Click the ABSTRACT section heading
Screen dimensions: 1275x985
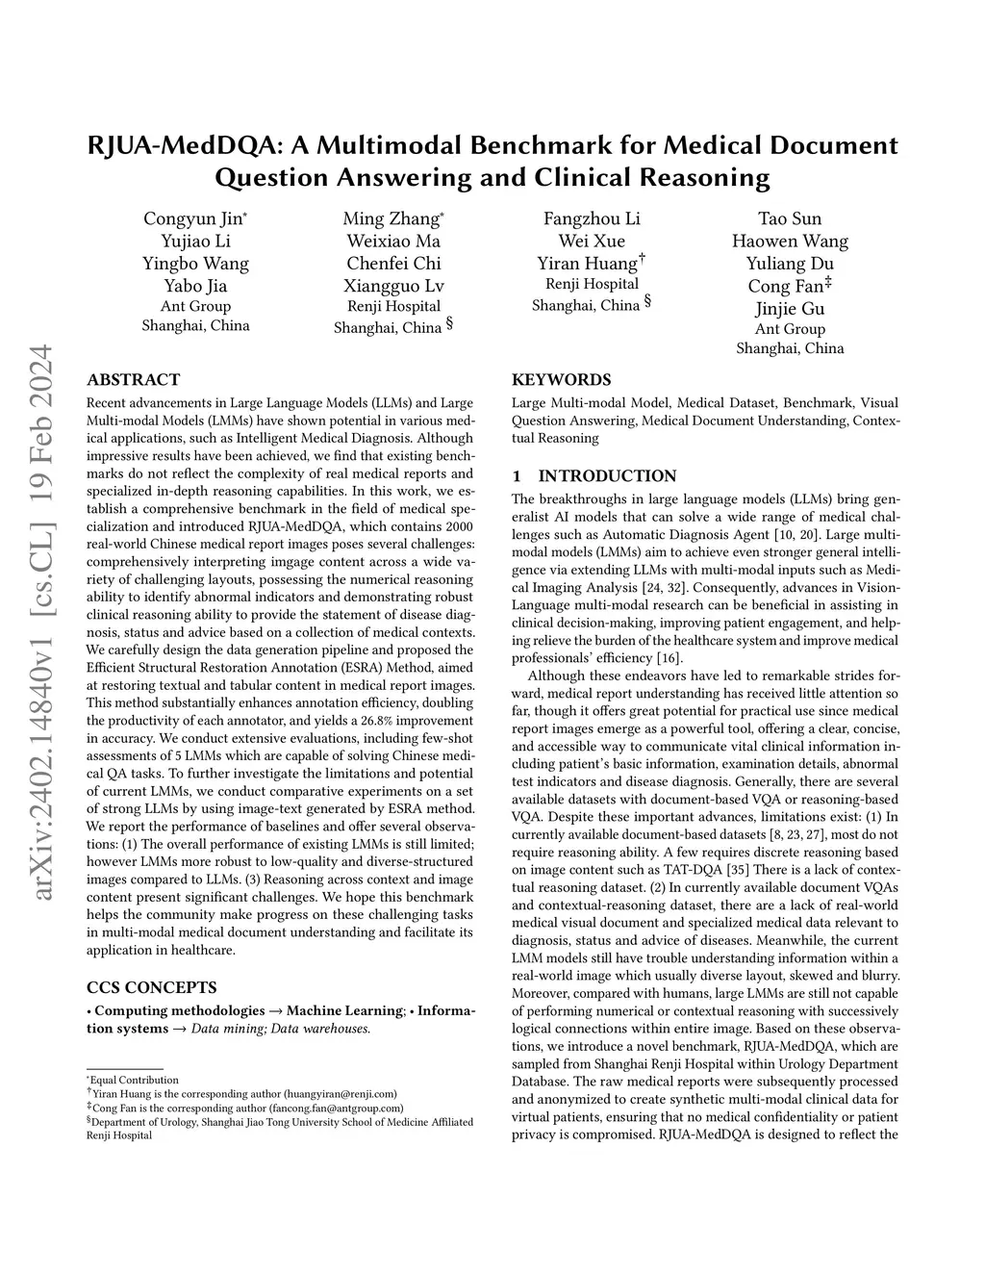(133, 379)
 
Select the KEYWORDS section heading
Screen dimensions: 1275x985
(561, 379)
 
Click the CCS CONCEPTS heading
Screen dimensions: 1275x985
(151, 986)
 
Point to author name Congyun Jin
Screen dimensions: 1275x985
(192, 218)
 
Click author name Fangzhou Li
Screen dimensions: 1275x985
(592, 218)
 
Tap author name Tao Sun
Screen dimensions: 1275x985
(790, 218)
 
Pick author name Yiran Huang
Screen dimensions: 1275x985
(587, 264)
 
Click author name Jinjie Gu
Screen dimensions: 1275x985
(790, 308)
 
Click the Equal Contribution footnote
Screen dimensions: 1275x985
(135, 1080)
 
